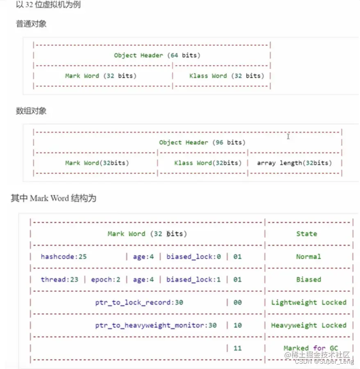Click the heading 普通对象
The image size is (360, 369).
click(31, 24)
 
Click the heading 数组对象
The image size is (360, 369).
click(31, 111)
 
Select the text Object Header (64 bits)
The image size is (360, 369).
click(157, 55)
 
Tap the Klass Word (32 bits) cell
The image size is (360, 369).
click(226, 76)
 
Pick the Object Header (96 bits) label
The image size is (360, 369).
click(202, 142)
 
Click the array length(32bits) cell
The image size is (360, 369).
click(294, 163)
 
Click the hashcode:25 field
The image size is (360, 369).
click(63, 257)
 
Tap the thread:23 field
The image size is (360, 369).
click(60, 280)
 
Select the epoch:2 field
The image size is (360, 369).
click(106, 280)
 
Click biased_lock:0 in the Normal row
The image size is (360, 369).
click(193, 257)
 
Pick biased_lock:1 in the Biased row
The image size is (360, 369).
click(193, 280)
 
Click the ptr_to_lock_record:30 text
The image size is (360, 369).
click(139, 303)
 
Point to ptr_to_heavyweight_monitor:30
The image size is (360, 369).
click(156, 326)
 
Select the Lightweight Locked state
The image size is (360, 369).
click(308, 303)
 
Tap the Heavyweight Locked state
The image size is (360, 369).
click(308, 326)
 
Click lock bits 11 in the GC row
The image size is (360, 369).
click(238, 348)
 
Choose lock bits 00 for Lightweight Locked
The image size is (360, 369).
click(238, 303)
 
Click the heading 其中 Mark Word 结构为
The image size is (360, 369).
click(53, 198)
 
